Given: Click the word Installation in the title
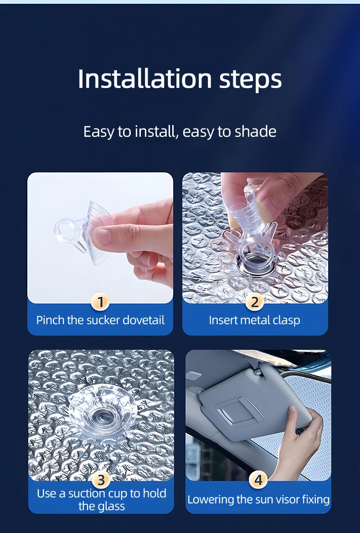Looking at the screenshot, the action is pyautogui.click(x=145, y=79).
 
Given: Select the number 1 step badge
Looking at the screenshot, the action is pyautogui.click(x=100, y=301).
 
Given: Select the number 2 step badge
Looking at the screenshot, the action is pyautogui.click(x=255, y=301).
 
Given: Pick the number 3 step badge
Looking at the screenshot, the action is pyautogui.click(x=101, y=480).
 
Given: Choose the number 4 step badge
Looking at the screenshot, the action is pyautogui.click(x=258, y=480).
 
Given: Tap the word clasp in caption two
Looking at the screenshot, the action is pyautogui.click(x=285, y=321).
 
